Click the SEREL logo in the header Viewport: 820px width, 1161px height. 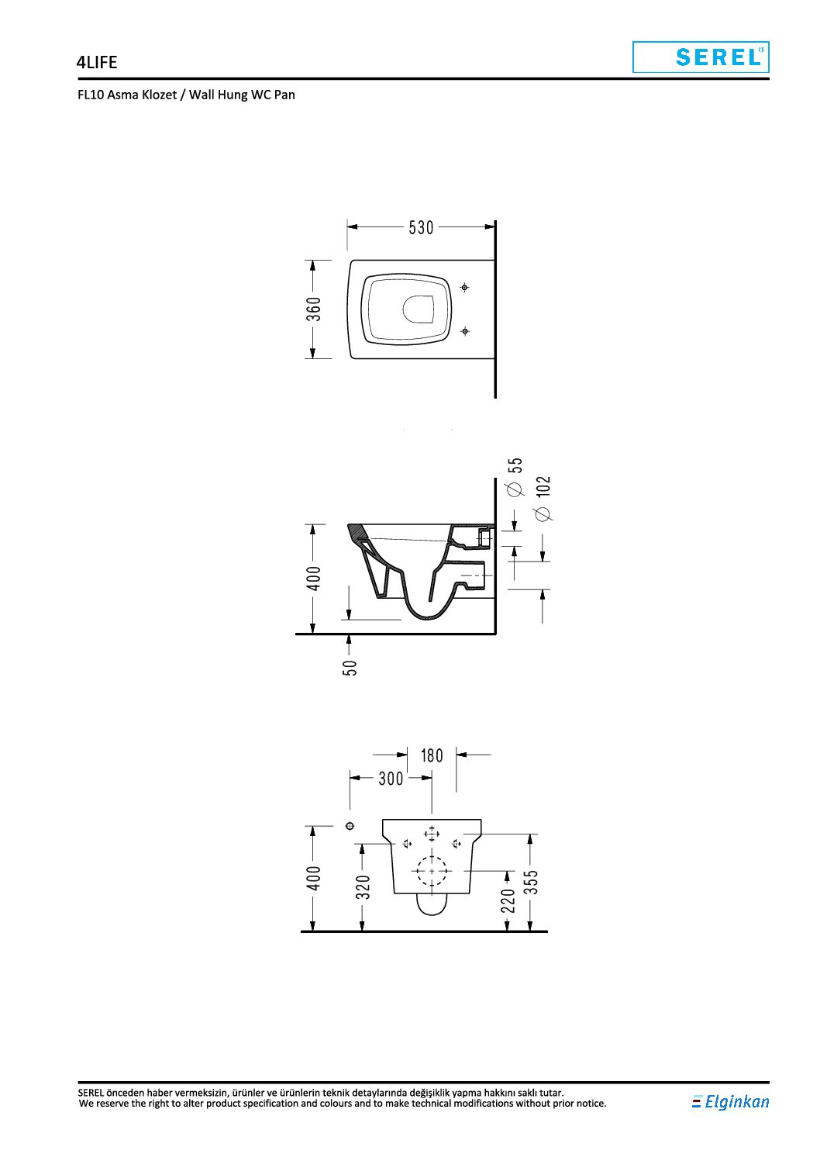[x=701, y=57]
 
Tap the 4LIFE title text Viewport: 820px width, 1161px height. [x=97, y=62]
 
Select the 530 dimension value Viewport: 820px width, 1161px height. [x=421, y=227]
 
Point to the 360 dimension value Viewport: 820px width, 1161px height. [x=314, y=309]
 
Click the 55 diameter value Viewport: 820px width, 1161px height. [x=515, y=465]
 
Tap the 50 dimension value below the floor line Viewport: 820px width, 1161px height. [x=350, y=668]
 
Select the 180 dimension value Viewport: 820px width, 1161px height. [x=432, y=755]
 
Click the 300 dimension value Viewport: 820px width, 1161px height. [x=391, y=778]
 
